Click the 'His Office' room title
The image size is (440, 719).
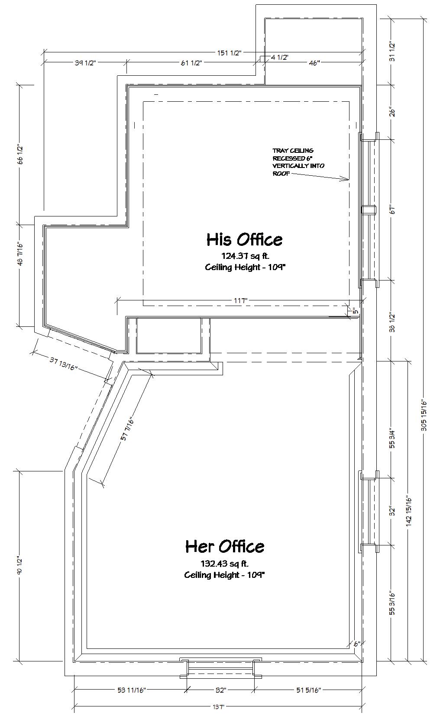click(x=244, y=239)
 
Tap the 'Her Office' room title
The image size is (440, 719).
click(x=225, y=546)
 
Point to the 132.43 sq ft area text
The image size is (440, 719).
click(x=224, y=563)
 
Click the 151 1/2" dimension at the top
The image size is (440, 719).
click(x=230, y=53)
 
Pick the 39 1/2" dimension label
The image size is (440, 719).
click(x=85, y=63)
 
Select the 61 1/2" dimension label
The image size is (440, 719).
click(x=191, y=63)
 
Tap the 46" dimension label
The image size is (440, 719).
click(x=314, y=63)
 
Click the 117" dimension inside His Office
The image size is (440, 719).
click(x=240, y=300)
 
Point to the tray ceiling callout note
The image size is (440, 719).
click(x=298, y=162)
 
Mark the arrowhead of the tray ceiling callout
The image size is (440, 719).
click(x=349, y=179)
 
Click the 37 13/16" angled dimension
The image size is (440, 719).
click(x=64, y=363)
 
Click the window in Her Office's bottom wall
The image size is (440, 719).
click(x=220, y=668)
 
